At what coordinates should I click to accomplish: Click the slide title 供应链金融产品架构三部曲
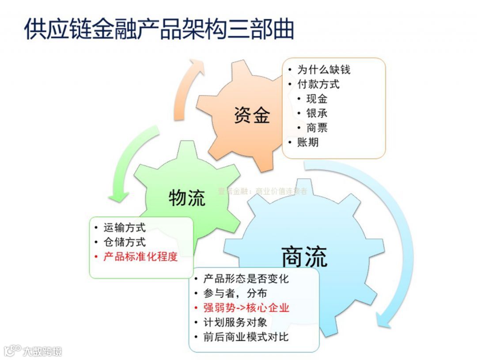point(159,29)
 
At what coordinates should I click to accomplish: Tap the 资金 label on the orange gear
point(252,115)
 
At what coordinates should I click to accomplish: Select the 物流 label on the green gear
point(187,198)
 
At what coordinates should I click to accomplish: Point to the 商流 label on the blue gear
point(304,257)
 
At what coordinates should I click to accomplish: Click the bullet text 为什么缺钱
point(324,70)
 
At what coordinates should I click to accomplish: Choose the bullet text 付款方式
point(318,84)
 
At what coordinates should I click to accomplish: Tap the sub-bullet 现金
point(317,99)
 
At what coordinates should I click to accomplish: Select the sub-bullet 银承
point(317,114)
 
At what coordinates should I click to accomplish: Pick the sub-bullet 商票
point(317,128)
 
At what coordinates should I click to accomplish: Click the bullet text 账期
point(308,142)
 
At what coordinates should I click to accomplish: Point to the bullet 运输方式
point(125,228)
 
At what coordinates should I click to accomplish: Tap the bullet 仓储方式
point(125,242)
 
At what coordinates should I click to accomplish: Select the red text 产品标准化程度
point(140,257)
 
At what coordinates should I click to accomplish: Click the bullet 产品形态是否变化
point(246,279)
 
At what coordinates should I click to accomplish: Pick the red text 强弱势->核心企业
point(246,308)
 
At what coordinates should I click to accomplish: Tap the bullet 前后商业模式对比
point(246,337)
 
